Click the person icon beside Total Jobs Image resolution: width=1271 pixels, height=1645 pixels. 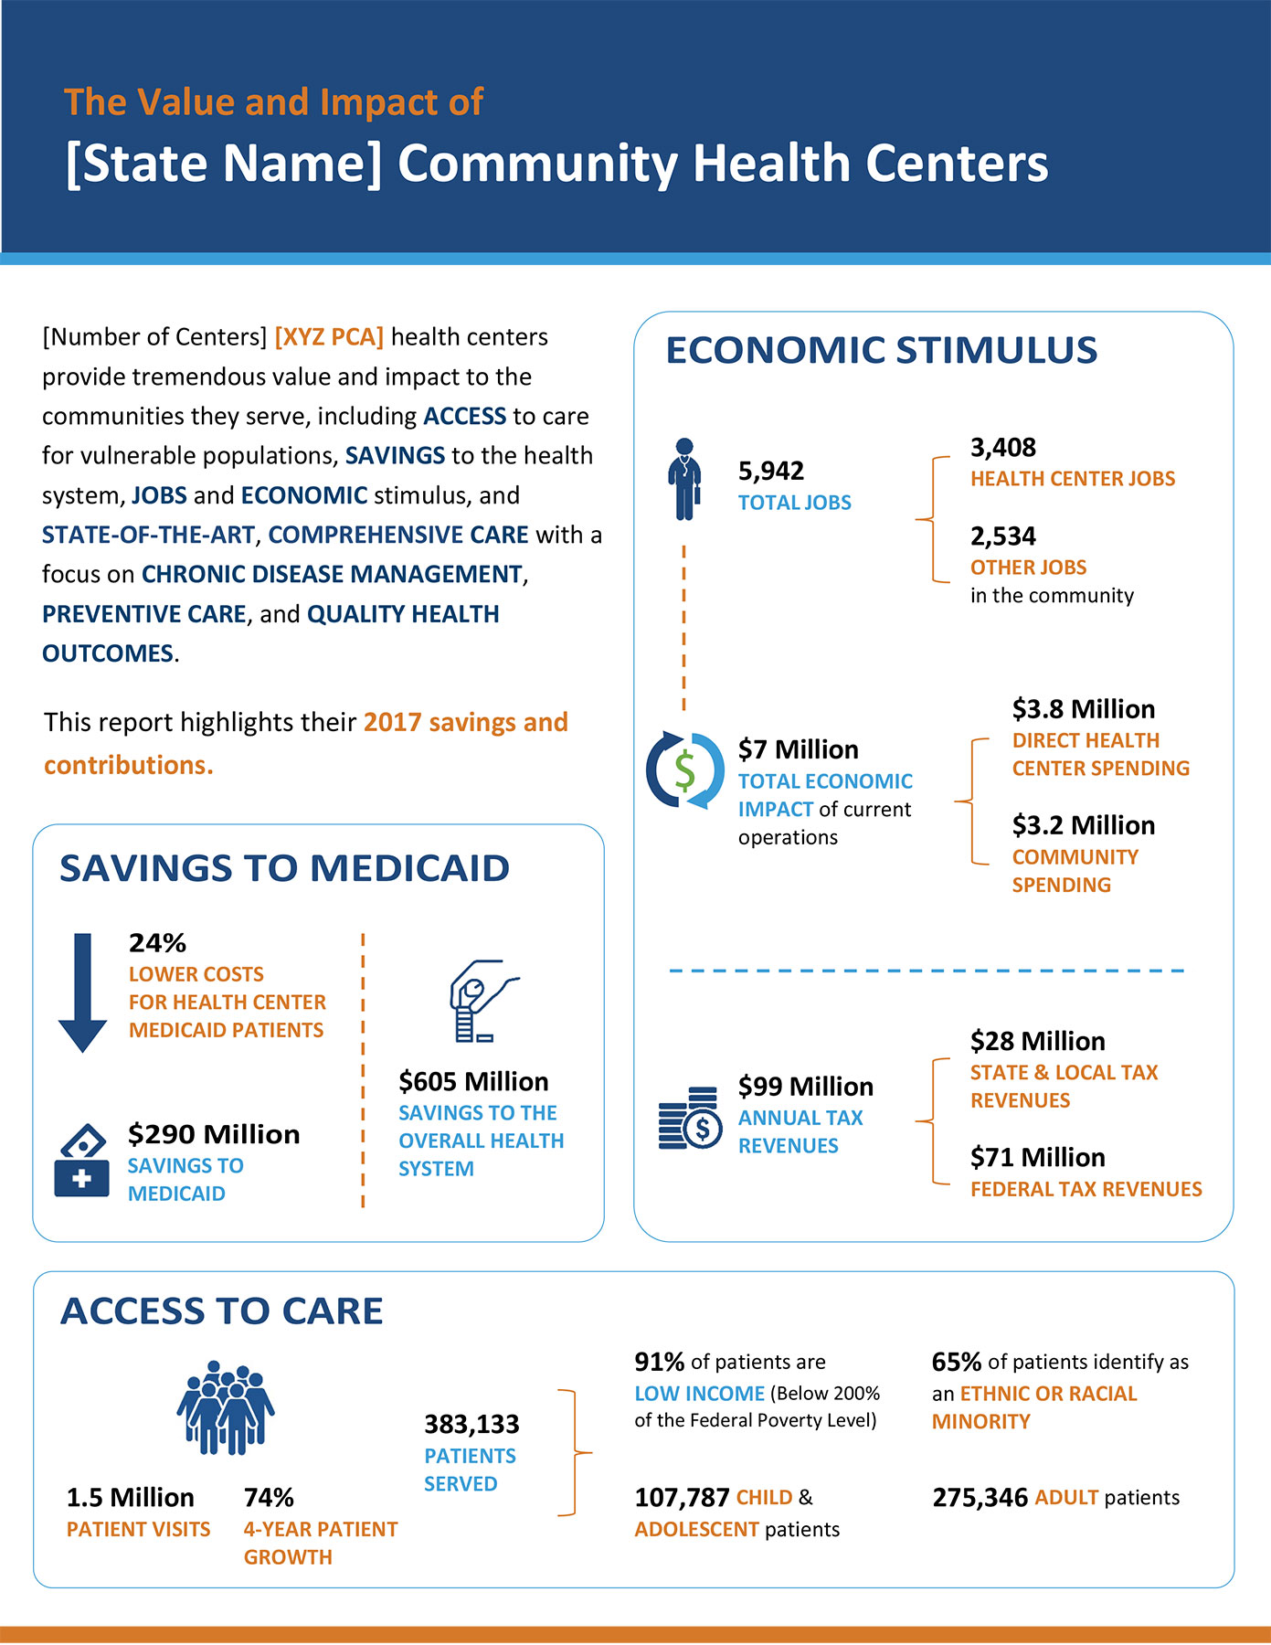(684, 480)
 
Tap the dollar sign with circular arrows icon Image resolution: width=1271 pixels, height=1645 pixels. (684, 770)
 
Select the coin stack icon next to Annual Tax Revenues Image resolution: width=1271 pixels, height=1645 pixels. (690, 1119)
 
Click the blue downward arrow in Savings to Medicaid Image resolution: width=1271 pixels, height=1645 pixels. (83, 992)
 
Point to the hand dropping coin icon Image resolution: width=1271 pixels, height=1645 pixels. (481, 1001)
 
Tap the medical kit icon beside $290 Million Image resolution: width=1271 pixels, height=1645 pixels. (82, 1161)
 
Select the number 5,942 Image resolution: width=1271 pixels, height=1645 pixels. (771, 471)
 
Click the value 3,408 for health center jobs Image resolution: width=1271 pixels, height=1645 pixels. (1002, 447)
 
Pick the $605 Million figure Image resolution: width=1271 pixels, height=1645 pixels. (473, 1081)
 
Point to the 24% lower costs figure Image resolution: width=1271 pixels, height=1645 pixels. (157, 942)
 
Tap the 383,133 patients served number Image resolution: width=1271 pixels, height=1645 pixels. (471, 1424)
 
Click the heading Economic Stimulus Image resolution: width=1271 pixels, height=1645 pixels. (881, 350)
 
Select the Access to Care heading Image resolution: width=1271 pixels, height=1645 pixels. (221, 1311)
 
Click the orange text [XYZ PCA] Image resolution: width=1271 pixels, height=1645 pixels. (329, 337)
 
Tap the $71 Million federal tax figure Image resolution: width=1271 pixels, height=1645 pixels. (1037, 1157)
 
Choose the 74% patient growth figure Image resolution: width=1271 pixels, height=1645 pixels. (269, 1498)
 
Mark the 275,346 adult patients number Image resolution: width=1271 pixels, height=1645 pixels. (980, 1498)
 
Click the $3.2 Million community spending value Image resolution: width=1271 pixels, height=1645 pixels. (1083, 825)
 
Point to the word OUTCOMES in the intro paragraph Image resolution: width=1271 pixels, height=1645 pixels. (108, 653)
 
